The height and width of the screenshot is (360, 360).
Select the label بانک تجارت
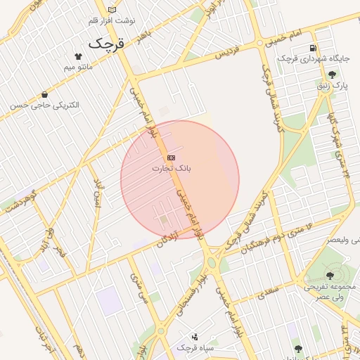tap(172, 169)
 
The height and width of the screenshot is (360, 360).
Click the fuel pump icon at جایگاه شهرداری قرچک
tap(312, 48)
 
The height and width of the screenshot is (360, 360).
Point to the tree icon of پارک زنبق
tap(331, 74)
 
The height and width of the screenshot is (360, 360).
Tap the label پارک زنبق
tap(331, 86)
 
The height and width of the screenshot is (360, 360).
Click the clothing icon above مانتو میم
tap(78, 56)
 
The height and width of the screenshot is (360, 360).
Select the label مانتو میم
tap(78, 67)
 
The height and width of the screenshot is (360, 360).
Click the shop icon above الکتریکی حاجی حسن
tap(45, 94)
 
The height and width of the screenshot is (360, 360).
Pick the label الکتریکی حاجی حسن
tap(45, 105)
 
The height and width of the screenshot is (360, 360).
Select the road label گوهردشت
tap(20, 202)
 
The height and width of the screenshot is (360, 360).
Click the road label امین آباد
tap(98, 193)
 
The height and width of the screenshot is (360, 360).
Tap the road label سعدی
tap(268, 292)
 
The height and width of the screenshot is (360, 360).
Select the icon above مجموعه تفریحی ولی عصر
tap(330, 275)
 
